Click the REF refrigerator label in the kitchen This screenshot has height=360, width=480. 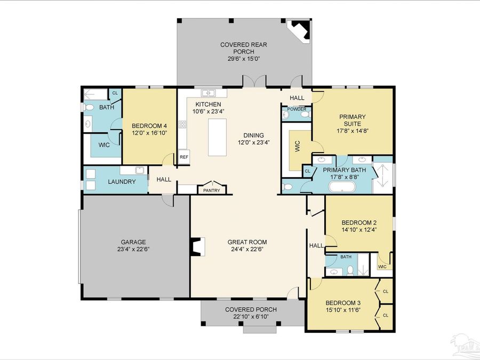[x=183, y=157]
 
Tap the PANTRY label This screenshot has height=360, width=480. [x=212, y=190]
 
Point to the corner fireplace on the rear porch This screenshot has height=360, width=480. [x=299, y=31]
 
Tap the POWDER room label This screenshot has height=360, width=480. [x=297, y=109]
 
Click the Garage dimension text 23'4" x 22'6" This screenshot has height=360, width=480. [x=133, y=249]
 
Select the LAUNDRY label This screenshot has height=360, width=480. [x=122, y=182]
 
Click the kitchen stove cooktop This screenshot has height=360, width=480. [x=182, y=125]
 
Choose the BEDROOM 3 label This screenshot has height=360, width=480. [x=343, y=302]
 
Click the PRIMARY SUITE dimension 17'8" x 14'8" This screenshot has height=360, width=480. [x=351, y=130]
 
